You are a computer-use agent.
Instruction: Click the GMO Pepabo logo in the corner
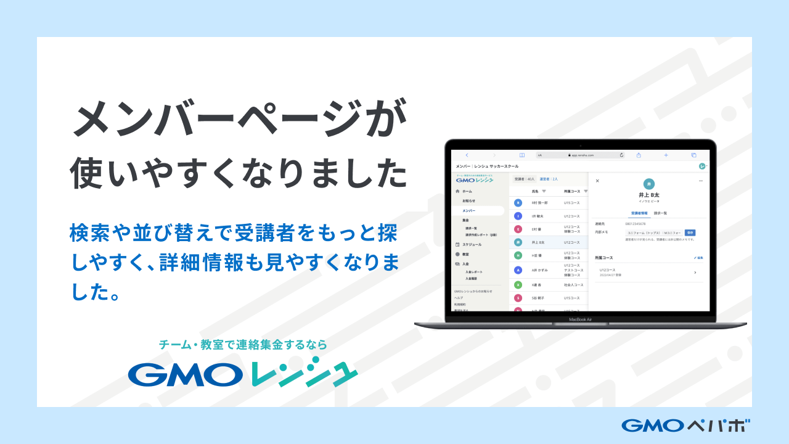686,425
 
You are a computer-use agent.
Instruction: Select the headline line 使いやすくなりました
240,173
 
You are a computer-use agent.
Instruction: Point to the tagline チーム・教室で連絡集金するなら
243,345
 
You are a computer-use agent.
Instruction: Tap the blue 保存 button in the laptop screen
690,232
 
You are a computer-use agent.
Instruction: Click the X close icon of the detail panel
597,181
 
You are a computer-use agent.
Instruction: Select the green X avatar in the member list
518,285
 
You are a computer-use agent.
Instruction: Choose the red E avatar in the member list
518,229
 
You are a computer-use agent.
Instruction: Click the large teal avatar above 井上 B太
648,184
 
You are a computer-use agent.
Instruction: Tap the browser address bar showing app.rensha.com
580,155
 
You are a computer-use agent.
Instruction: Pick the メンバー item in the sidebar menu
469,211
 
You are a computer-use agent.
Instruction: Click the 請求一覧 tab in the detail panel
660,213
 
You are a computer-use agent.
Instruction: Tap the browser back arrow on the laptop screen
467,155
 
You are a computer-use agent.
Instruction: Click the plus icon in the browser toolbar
666,155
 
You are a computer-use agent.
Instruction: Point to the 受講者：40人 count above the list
524,179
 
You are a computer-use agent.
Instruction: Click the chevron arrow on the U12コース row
695,272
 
